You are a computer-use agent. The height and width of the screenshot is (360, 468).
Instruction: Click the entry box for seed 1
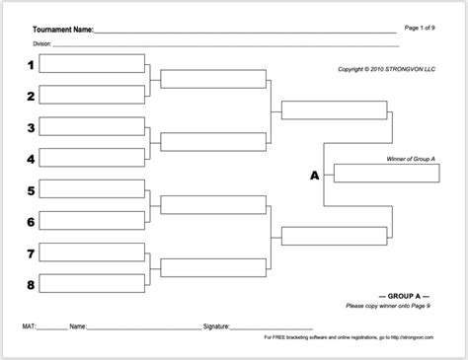pos(95,65)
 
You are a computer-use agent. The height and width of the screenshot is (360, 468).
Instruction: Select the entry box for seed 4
pos(95,158)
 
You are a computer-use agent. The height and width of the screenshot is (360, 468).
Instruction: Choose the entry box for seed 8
pos(95,284)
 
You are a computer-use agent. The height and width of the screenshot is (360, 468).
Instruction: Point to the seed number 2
pos(31,97)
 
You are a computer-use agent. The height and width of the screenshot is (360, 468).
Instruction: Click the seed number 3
pos(31,128)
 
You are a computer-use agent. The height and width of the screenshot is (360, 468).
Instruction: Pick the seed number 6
pos(31,222)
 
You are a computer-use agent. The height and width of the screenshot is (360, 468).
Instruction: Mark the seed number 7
pos(31,253)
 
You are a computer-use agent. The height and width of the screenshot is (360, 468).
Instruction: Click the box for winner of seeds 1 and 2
pos(212,79)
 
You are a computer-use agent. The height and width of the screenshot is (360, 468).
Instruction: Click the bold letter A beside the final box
pos(315,176)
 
